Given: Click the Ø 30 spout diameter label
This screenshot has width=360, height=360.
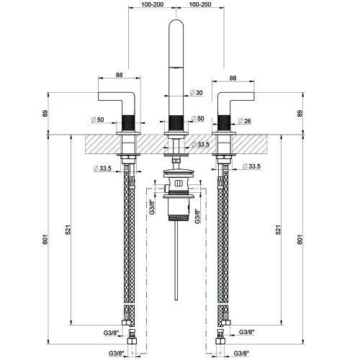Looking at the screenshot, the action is pos(197,93).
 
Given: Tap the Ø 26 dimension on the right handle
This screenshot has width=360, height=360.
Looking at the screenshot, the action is pos(244,121).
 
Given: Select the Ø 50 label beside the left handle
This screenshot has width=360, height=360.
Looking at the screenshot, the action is pos(98,120).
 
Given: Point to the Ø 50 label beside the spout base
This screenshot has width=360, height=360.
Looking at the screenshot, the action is pos(197,118).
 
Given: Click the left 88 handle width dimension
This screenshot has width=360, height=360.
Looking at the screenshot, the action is pos(120,75).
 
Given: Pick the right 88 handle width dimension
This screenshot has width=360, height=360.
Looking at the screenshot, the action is pos(233,78).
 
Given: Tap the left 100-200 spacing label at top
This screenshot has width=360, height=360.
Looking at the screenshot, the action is pos(153,4).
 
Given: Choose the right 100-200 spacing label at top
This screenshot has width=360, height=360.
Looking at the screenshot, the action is pos(200,4).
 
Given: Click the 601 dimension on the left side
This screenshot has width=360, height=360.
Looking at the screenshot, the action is pos(46,240).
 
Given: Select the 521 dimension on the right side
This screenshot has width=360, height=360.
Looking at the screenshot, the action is pos(278,230).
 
